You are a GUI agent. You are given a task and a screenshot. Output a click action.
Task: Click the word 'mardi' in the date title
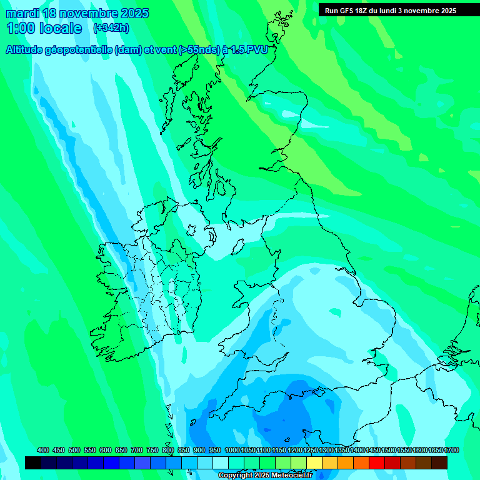coord(22,13)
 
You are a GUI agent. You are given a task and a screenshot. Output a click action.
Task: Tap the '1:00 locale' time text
coord(44,28)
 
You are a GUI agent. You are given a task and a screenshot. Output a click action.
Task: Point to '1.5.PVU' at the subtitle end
coord(249,50)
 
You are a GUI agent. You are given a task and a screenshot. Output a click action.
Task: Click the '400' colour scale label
coord(43,451)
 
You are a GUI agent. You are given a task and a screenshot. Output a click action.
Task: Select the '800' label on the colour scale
coord(168,451)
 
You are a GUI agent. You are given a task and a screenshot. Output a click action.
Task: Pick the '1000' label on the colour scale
coord(232,451)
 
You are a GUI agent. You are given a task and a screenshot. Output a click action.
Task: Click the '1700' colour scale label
coord(451,451)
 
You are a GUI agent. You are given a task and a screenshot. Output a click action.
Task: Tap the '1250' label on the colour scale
coord(311,451)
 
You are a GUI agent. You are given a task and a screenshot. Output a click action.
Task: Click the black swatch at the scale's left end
coord(33,463)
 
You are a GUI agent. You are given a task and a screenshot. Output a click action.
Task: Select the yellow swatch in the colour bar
coord(314,463)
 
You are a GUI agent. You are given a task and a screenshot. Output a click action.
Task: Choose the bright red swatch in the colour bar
coord(377,463)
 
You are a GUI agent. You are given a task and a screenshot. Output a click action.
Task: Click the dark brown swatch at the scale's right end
coord(439,463)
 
